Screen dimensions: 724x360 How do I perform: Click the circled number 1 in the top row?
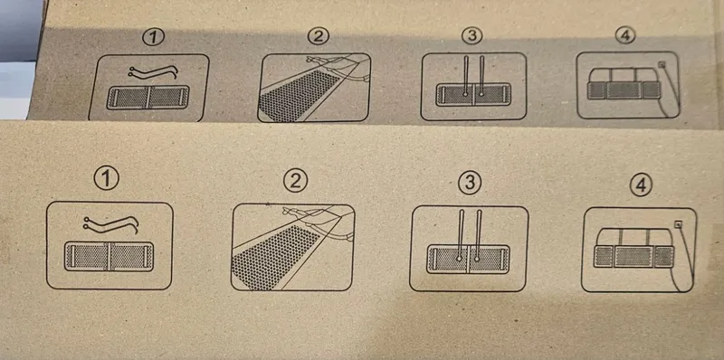153,38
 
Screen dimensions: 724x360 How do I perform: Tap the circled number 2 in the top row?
319,36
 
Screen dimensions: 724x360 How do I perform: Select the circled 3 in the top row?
472,35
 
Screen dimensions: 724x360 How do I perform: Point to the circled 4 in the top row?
625,35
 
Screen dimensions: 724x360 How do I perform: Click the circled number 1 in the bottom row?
106,178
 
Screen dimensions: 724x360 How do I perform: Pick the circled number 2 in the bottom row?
296,181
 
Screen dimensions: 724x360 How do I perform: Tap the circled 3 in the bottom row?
470,184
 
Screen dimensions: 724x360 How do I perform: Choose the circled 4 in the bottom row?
642,185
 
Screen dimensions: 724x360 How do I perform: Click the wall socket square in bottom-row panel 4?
678,224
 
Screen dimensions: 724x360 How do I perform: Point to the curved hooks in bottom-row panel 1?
110,223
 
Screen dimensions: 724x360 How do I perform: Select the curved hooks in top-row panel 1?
153,71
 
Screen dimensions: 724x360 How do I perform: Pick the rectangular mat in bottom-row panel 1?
109,256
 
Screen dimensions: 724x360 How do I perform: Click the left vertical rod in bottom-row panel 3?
461,236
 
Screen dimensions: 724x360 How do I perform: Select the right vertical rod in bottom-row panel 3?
478,236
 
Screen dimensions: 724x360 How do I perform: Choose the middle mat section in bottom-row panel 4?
633,257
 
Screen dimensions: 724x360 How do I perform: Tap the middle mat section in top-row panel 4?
624,90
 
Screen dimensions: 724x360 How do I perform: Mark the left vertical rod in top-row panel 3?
466,76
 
